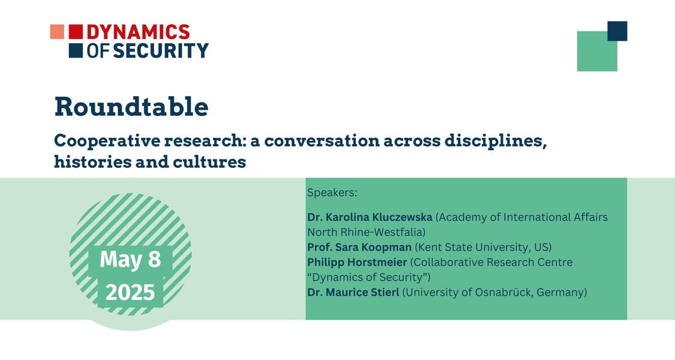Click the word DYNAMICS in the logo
click(x=138, y=32)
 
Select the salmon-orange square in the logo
click(x=57, y=32)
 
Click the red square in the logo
click(x=76, y=32)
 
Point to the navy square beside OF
click(x=76, y=50)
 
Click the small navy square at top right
click(x=617, y=31)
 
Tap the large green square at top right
click(x=597, y=51)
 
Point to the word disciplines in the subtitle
click(x=495, y=141)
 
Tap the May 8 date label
click(x=130, y=259)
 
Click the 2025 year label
click(x=130, y=293)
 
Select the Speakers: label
click(x=332, y=193)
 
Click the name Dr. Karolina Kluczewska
click(x=370, y=217)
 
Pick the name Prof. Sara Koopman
click(x=359, y=247)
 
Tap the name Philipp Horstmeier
click(x=358, y=262)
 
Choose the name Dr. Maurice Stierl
click(x=353, y=292)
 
